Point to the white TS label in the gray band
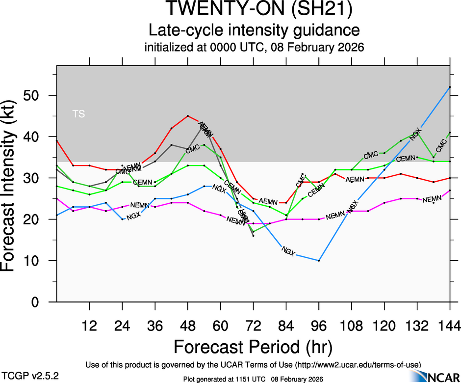coord(78,114)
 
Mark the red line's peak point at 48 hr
coord(188,116)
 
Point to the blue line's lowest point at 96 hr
coord(319,260)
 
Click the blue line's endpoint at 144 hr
coord(450,87)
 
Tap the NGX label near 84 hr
coord(288,252)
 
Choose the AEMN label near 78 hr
coord(268,201)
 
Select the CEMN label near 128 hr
coord(406,159)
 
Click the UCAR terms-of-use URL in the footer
coord(358,365)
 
